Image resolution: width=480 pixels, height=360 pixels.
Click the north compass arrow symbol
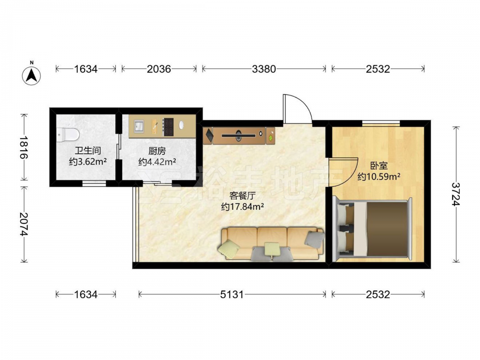32,75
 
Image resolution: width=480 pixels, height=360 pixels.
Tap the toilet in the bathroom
68,134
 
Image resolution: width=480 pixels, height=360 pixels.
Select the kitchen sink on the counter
139,126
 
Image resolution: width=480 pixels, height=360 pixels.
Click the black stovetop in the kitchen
168,127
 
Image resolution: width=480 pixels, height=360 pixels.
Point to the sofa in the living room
271,244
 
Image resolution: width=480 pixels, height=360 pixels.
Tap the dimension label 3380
264,69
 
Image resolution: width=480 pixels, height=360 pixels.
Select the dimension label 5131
232,295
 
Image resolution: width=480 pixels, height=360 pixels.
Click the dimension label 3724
456,194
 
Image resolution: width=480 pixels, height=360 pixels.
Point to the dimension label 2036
159,69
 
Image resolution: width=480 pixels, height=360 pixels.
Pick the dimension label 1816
24,147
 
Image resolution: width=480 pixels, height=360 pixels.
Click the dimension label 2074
24,224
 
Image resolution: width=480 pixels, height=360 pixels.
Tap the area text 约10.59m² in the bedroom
379,176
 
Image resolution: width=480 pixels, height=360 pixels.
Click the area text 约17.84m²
242,206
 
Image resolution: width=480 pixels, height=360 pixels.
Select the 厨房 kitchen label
157,151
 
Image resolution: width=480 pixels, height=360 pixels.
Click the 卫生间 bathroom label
88,151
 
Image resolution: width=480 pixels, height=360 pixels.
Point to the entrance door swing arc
304,103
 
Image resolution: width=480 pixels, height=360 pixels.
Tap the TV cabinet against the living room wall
239,135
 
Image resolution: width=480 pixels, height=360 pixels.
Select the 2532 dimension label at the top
378,69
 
